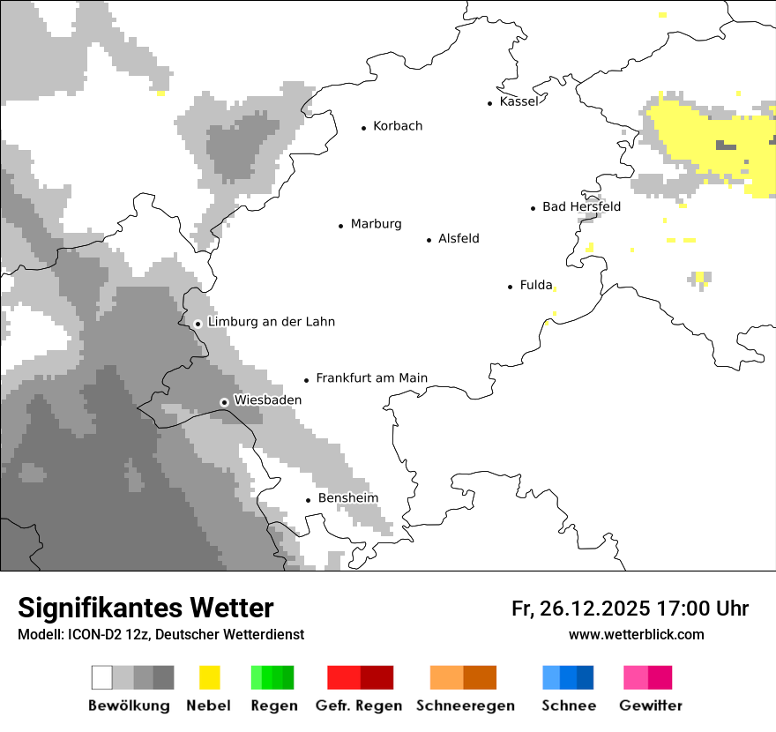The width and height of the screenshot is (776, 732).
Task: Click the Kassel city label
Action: click(x=519, y=101)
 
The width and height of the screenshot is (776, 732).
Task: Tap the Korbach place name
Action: click(x=398, y=126)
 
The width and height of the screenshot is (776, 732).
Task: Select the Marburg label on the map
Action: click(x=376, y=224)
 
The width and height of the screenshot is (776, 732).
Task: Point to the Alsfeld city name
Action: click(x=459, y=238)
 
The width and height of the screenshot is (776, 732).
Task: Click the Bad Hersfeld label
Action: click(x=581, y=206)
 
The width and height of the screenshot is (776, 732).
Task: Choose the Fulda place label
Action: click(x=536, y=285)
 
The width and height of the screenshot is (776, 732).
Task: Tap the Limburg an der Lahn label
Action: click(x=271, y=322)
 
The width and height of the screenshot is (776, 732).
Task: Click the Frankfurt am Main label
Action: click(x=371, y=378)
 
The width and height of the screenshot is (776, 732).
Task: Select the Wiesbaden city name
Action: click(x=267, y=400)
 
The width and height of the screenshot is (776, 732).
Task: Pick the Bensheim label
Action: click(x=347, y=498)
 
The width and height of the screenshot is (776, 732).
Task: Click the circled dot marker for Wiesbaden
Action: click(x=224, y=402)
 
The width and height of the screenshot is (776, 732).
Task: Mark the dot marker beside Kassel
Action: click(x=490, y=103)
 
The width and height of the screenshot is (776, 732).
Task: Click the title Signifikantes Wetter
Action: click(x=145, y=608)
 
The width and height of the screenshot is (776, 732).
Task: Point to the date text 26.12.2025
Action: click(x=593, y=609)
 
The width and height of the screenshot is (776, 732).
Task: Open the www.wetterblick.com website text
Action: click(x=636, y=634)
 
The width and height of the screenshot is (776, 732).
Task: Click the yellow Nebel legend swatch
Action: click(x=209, y=677)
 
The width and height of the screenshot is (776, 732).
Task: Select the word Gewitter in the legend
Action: click(x=650, y=706)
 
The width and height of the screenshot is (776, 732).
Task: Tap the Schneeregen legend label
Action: click(x=465, y=706)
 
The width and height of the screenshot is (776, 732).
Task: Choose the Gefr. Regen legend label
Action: click(x=358, y=706)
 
